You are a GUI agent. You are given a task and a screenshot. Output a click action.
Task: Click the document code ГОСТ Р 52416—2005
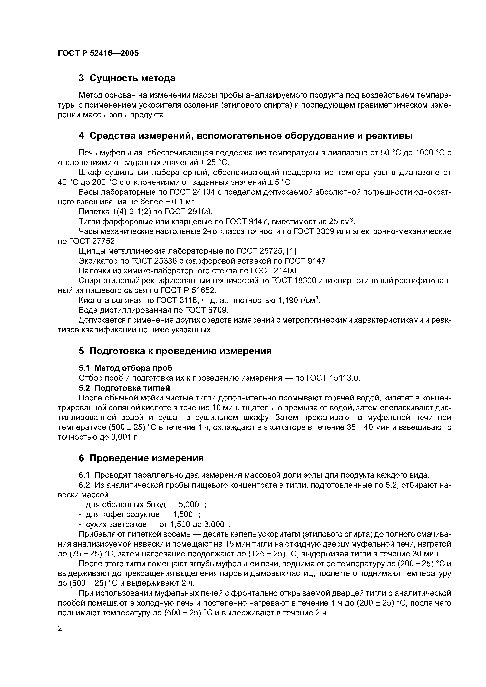click(98, 53)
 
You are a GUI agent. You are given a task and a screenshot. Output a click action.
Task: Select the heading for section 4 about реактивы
click(251, 136)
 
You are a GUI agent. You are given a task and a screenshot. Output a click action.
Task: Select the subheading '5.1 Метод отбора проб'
click(125, 368)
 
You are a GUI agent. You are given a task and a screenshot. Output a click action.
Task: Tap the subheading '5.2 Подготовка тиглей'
click(124, 388)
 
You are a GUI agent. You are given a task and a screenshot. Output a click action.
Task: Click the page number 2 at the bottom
click(60, 629)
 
